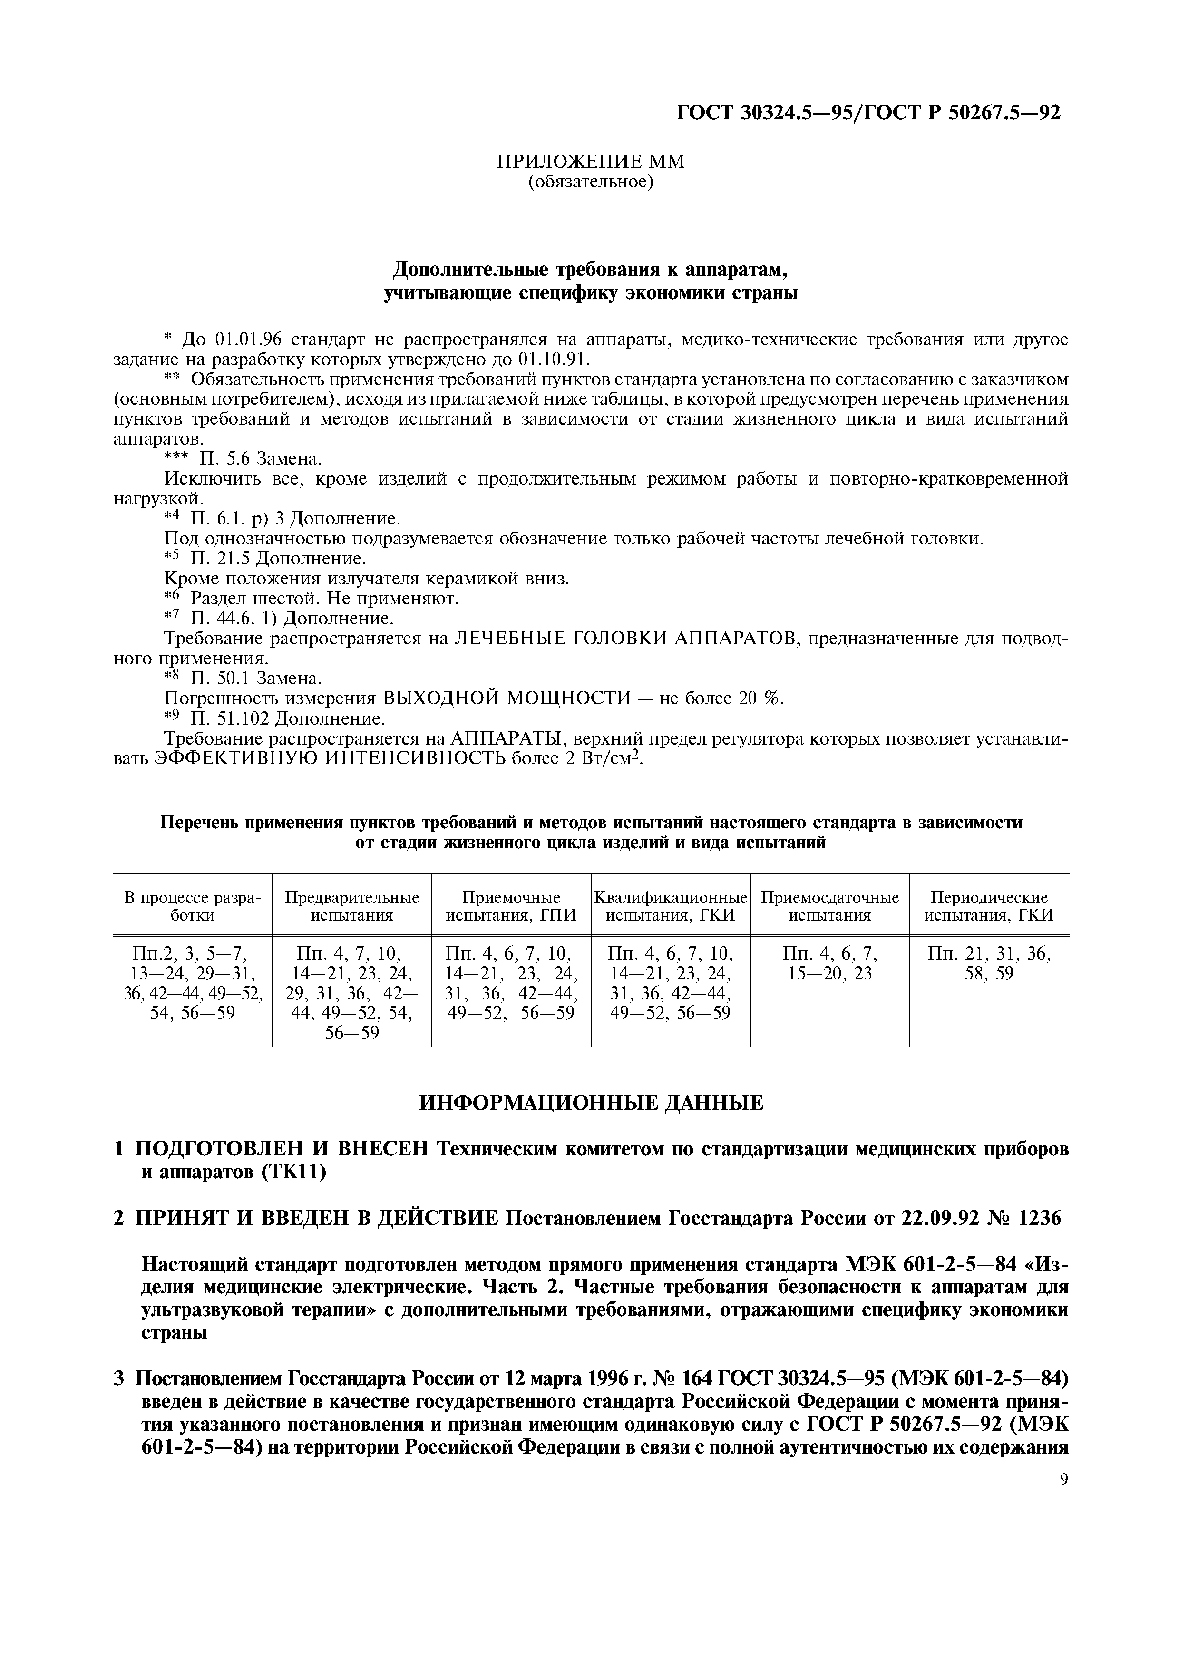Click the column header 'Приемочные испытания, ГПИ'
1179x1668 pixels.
tap(511, 907)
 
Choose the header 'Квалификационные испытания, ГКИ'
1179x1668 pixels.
tap(671, 907)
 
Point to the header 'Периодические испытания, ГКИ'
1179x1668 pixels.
tap(989, 907)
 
